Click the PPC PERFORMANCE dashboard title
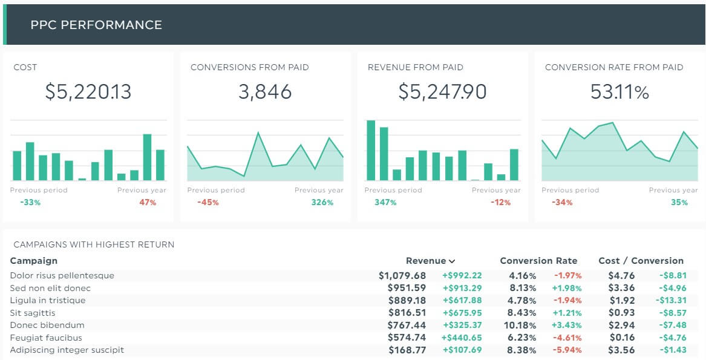pos(96,25)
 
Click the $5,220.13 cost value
pos(88,91)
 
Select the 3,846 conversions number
pos(265,91)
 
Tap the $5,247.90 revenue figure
pos(442,91)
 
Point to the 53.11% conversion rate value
pos(619,91)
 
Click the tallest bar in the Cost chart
pos(147,157)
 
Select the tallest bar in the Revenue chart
pos(371,150)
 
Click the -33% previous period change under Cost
pos(30,202)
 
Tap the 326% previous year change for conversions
pos(322,202)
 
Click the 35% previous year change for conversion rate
pos(679,202)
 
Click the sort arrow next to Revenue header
pos(452,261)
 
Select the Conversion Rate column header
pos(538,261)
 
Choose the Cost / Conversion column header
pos(641,261)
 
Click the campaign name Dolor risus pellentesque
pos(62,275)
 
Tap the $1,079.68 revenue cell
pos(402,275)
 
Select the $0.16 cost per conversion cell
pos(621,338)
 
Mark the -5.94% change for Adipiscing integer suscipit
pos(568,350)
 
